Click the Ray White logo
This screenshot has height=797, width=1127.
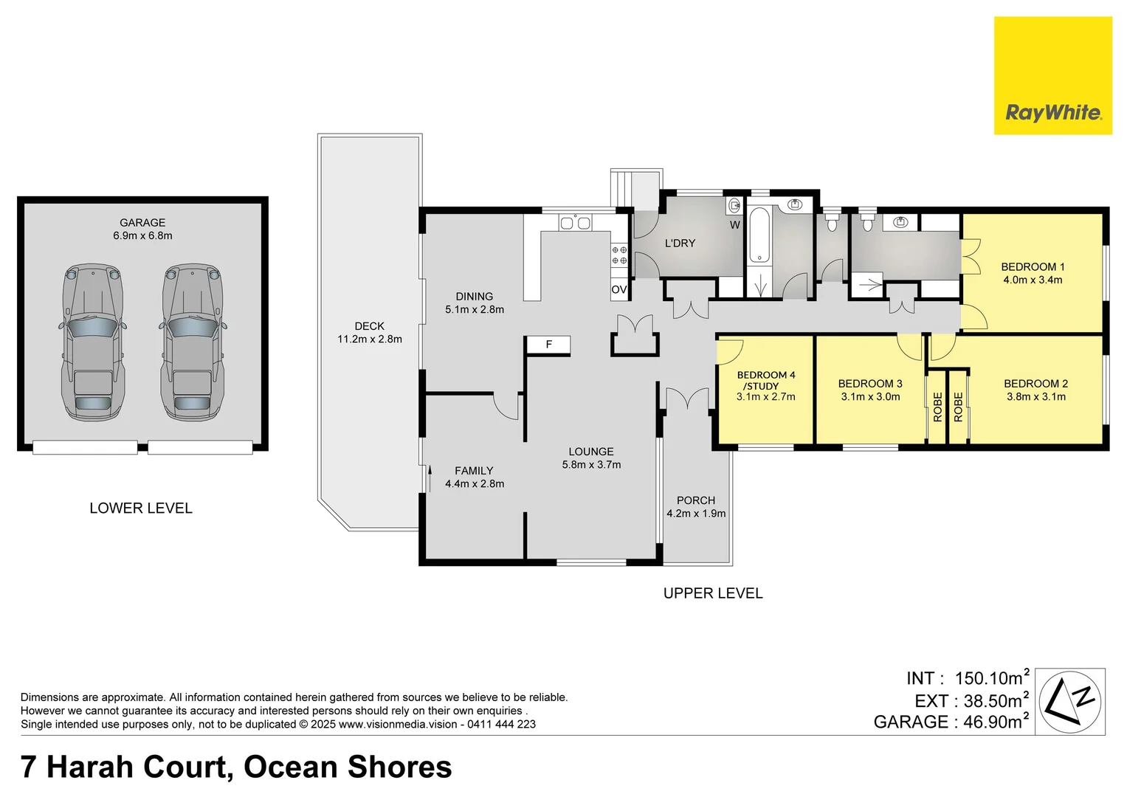point(1053,75)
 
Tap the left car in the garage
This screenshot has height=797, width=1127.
point(92,342)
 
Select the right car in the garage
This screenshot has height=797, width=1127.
point(192,342)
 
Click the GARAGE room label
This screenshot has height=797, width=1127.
point(142,222)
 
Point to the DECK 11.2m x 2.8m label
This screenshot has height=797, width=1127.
point(369,333)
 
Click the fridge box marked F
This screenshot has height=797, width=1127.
point(548,345)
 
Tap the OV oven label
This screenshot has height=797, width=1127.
point(618,290)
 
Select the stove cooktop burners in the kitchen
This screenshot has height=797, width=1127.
point(619,255)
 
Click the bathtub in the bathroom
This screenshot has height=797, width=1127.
point(759,236)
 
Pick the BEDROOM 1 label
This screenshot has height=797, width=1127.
point(1033,266)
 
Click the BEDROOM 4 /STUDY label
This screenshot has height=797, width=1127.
point(766,380)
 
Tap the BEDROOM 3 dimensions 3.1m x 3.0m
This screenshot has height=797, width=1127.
point(870,396)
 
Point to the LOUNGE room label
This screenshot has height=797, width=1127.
point(591,452)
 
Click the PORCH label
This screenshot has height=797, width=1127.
point(696,500)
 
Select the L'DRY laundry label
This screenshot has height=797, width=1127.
point(680,243)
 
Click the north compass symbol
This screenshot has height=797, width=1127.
point(1070,701)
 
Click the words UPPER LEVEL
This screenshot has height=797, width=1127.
point(713,593)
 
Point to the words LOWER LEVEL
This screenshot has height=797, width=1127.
point(141,508)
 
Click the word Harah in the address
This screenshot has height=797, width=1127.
point(90,767)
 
